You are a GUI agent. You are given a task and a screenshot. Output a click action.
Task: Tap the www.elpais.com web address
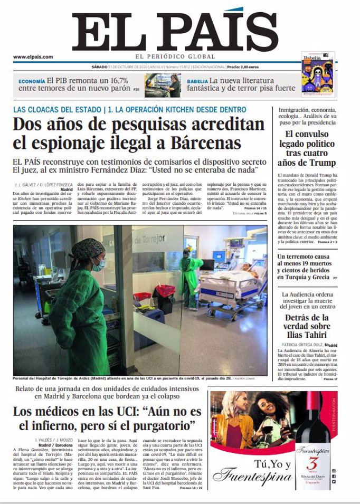coord(33,57)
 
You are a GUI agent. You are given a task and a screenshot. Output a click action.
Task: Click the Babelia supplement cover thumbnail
coord(318,74)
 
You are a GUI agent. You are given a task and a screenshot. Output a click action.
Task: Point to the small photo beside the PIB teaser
coord(163,85)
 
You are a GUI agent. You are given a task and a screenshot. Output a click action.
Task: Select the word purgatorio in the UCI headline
coord(159,425)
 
